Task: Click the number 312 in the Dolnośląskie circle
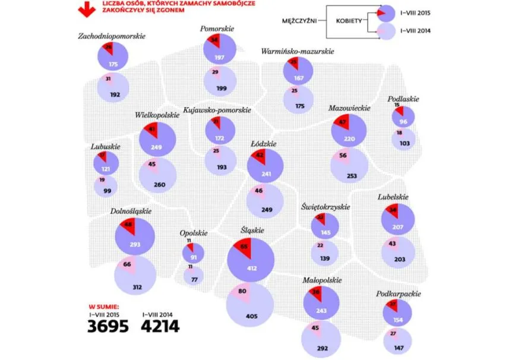point(137,287)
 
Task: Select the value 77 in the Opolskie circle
point(194,278)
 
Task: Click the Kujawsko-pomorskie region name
point(219,110)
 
